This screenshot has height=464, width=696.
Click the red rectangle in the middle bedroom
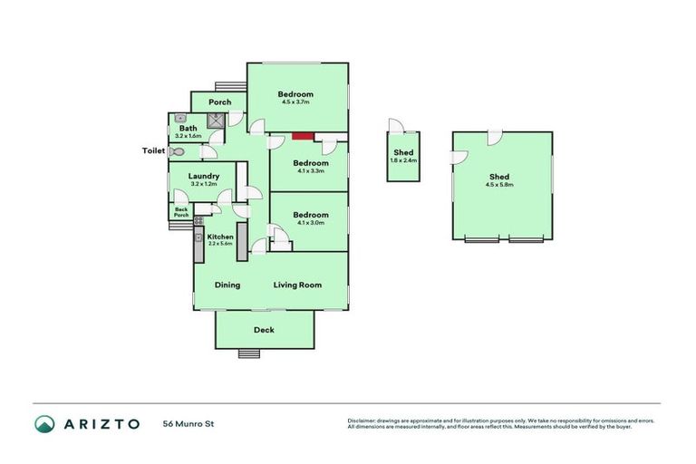tap(303, 137)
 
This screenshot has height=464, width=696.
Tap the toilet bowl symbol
tap(177, 152)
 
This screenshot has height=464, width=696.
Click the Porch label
tap(219, 102)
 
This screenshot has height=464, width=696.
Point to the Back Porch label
tap(181, 213)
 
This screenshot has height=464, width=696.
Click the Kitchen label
tap(220, 237)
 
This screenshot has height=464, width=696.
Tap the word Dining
tap(227, 285)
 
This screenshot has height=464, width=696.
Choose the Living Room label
tap(297, 285)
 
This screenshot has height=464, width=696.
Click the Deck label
tap(264, 330)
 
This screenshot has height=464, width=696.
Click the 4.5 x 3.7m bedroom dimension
tap(295, 103)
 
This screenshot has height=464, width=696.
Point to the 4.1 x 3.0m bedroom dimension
tap(310, 224)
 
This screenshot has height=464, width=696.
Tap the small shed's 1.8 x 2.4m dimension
tap(403, 160)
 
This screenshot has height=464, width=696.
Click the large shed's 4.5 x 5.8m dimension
tap(499, 185)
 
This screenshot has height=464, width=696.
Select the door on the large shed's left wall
tap(457, 157)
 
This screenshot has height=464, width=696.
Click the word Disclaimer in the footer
tap(362, 420)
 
